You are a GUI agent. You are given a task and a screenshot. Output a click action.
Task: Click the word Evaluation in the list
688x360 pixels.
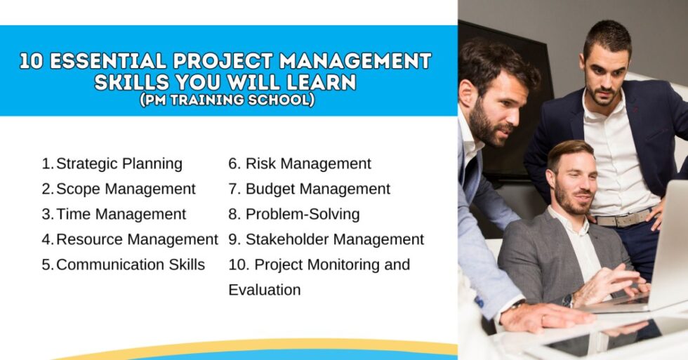(265, 290)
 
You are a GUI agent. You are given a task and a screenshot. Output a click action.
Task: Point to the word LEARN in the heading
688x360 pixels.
(322, 82)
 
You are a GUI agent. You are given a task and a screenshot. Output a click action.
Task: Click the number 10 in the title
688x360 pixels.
(32, 62)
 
